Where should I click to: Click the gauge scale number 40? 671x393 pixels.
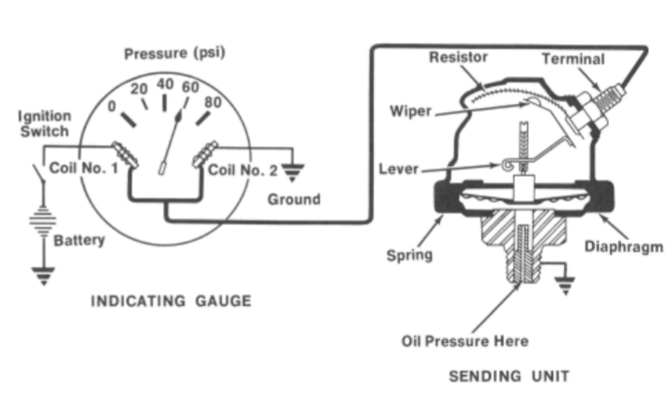(165, 84)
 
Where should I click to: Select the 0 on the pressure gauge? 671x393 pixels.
(114, 105)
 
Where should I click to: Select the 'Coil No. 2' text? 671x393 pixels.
(243, 170)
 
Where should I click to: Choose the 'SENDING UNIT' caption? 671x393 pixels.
(510, 375)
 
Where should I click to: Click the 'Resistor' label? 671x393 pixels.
(460, 57)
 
